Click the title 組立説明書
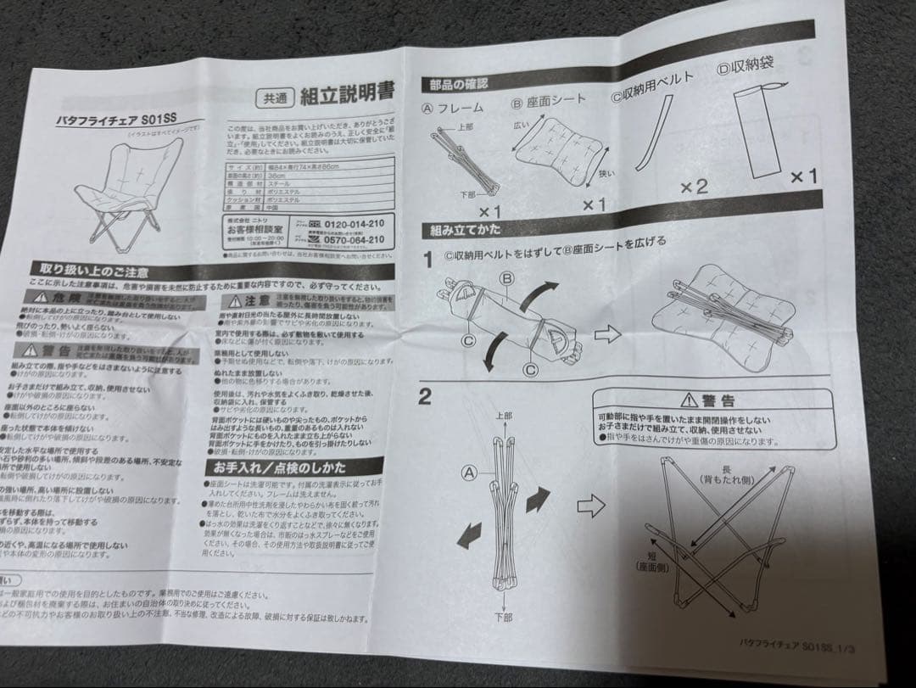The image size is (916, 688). click(x=347, y=93)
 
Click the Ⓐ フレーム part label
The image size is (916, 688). click(x=453, y=108)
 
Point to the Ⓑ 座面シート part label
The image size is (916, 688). click(x=548, y=101)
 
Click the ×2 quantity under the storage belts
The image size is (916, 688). click(x=693, y=186)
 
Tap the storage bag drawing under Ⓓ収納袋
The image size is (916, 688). click(x=757, y=127)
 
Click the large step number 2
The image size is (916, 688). click(x=426, y=398)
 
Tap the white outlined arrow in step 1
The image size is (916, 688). click(x=608, y=333)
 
